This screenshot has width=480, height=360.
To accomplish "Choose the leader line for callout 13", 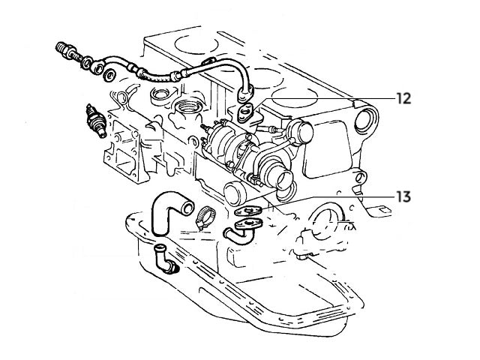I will (330, 197).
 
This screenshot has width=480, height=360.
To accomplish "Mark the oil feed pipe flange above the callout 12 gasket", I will (244, 94).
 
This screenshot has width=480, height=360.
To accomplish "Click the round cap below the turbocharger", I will (237, 193).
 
